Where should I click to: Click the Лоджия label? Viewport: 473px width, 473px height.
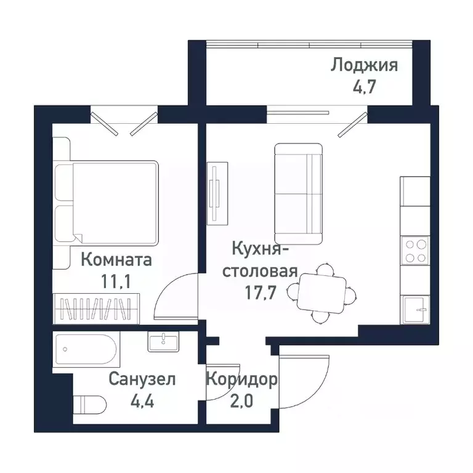[365, 65]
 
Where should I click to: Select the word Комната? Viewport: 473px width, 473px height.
[116, 260]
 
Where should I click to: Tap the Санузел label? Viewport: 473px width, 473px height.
[142, 379]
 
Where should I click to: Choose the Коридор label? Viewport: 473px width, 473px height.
[241, 379]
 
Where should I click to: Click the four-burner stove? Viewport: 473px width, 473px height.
[414, 251]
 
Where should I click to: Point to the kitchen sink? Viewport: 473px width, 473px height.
[415, 308]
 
